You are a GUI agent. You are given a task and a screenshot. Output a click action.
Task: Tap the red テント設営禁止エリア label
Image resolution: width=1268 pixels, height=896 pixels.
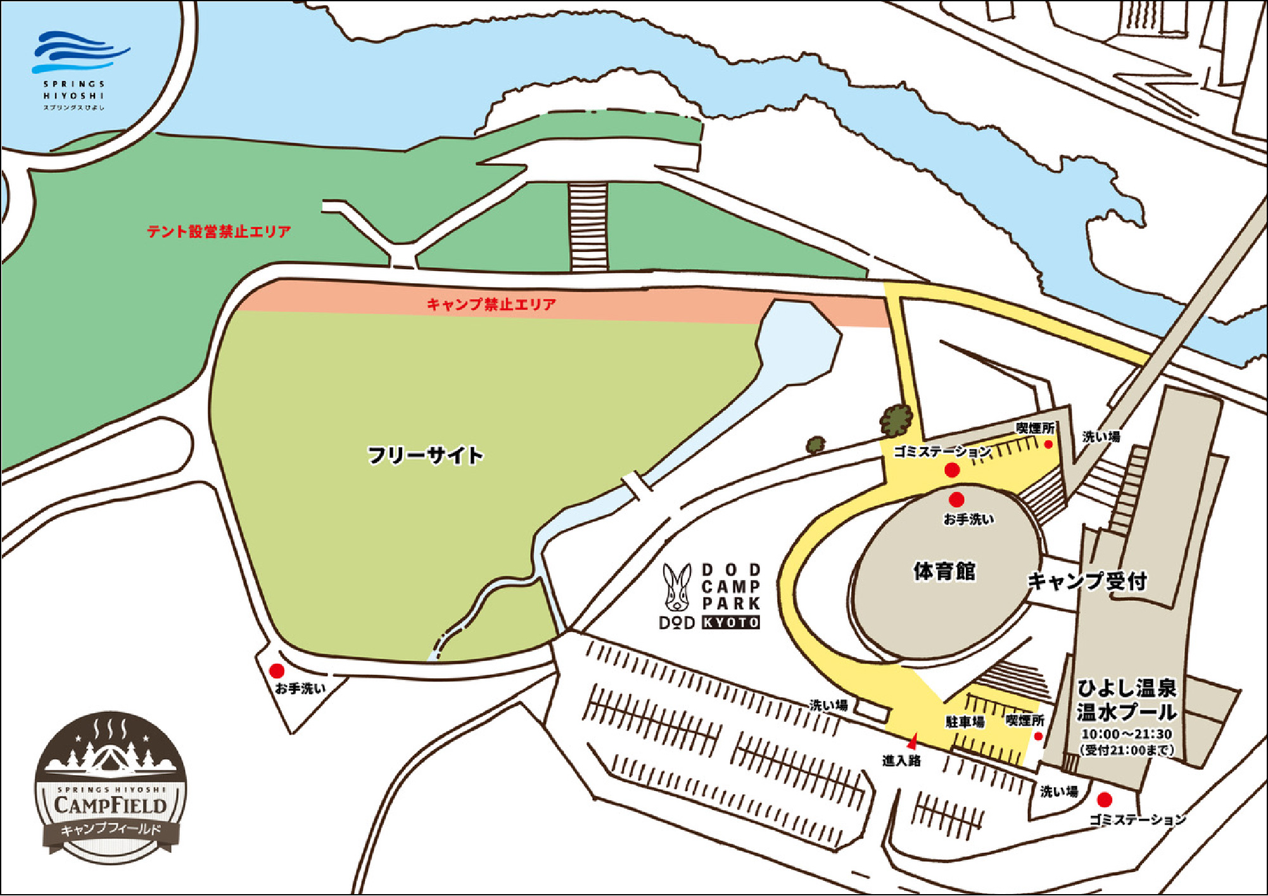(x=219, y=232)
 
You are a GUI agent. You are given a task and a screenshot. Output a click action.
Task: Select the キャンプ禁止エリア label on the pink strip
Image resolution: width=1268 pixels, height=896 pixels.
(x=491, y=305)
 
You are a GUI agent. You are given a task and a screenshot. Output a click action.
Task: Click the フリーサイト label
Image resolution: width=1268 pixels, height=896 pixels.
(x=425, y=455)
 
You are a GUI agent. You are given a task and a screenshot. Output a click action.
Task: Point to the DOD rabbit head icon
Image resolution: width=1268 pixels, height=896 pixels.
(x=678, y=588)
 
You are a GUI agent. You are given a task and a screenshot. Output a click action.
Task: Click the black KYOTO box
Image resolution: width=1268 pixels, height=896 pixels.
(x=731, y=622)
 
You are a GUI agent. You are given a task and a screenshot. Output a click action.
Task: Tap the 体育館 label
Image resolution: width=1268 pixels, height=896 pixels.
(x=944, y=571)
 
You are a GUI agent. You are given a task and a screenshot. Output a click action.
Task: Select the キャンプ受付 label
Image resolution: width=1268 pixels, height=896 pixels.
(x=1087, y=581)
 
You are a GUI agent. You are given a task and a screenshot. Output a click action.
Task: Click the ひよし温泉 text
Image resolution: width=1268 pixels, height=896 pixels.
(x=1126, y=688)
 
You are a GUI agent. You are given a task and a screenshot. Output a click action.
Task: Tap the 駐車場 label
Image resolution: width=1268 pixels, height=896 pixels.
(x=965, y=722)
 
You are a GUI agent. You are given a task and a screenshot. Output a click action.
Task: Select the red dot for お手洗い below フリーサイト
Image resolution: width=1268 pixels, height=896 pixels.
(x=277, y=671)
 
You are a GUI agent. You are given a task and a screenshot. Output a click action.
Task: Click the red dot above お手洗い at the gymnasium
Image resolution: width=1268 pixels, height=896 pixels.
(x=956, y=500)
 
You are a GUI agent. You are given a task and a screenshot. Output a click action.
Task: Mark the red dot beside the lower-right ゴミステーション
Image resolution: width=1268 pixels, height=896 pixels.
(x=1105, y=799)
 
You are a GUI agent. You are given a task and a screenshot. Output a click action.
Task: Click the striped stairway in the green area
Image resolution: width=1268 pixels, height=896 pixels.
(x=588, y=227)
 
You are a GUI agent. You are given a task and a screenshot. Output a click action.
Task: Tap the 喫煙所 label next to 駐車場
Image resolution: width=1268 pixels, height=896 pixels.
(x=1024, y=721)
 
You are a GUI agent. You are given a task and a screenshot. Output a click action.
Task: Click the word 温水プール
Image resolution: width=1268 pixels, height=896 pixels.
(x=1126, y=712)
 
